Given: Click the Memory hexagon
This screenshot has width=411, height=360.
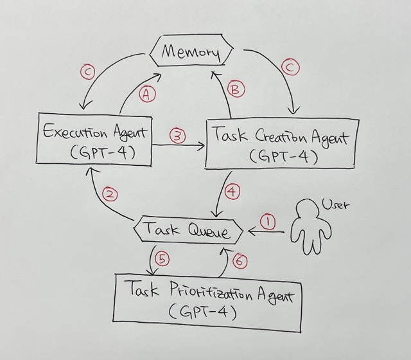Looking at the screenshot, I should coord(190,52).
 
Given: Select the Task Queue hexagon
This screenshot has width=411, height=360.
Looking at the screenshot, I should coord(186,230).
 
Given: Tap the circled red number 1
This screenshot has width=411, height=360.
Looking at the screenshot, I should coord(268,222).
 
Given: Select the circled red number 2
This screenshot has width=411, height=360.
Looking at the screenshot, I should coord(110,194).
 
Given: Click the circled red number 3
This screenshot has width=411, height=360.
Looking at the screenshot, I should coord(177,136).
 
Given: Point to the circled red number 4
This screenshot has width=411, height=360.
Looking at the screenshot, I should coord(233,191).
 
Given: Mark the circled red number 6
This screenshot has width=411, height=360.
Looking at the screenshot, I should coord(239,261).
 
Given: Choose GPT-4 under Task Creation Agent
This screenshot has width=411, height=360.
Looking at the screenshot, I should coord(282,156).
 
